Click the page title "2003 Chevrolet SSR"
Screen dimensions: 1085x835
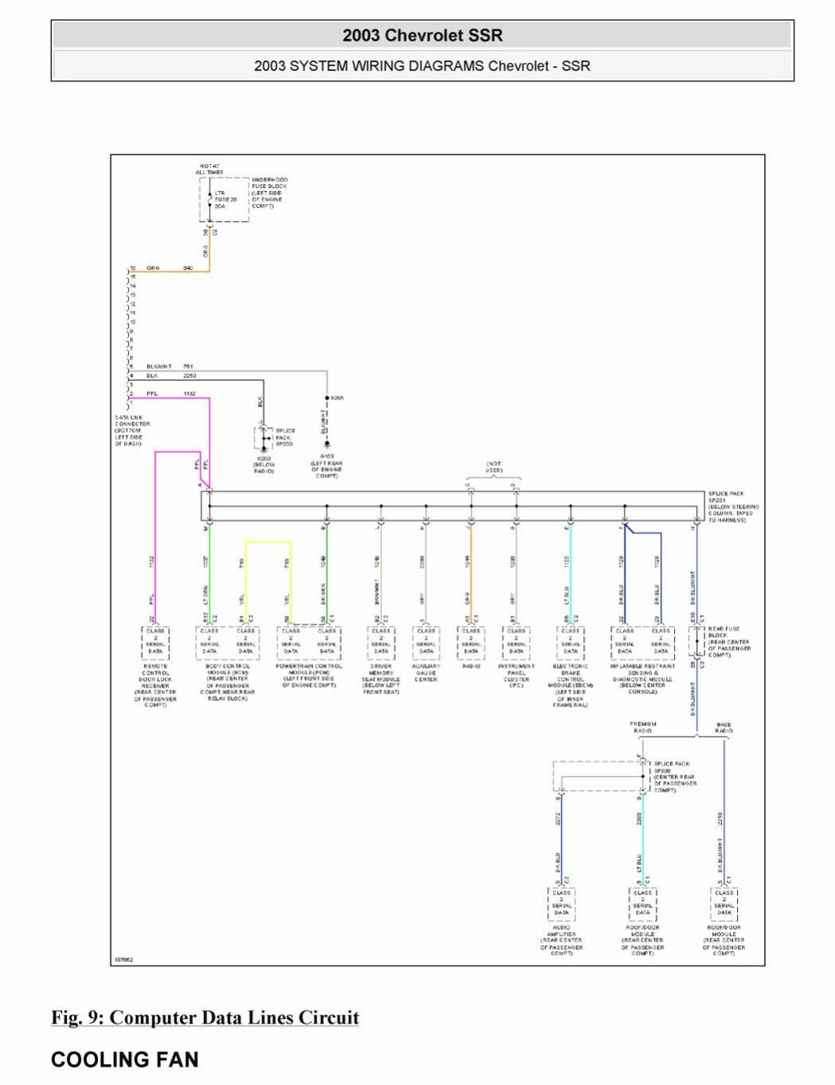(x=422, y=35)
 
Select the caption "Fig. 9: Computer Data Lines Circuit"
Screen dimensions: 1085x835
(x=205, y=1018)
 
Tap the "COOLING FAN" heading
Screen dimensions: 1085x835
(x=124, y=1060)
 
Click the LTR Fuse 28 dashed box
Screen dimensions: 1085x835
(x=223, y=199)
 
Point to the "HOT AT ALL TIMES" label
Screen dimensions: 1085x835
(x=210, y=170)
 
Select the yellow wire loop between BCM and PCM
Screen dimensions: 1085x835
(x=268, y=544)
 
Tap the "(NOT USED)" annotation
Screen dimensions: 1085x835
(x=494, y=467)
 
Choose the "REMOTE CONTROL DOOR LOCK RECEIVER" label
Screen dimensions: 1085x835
(x=155, y=686)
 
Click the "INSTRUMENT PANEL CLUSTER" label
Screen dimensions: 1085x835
(x=516, y=673)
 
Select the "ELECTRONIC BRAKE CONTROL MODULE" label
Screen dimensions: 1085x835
(x=570, y=686)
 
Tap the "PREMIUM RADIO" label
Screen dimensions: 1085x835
(x=643, y=727)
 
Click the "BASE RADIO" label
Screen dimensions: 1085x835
(x=723, y=727)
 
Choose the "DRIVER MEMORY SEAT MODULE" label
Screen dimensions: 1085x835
(x=381, y=680)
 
